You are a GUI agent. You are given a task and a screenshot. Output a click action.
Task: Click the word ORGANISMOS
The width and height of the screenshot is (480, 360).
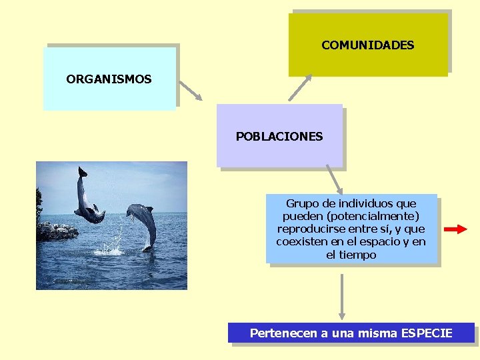click(109, 79)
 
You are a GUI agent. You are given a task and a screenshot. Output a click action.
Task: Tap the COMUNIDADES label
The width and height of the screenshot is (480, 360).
click(367, 45)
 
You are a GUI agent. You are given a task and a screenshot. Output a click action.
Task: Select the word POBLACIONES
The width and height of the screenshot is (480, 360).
click(279, 137)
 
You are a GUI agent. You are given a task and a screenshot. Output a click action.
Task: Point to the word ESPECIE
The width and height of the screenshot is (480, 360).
click(427, 333)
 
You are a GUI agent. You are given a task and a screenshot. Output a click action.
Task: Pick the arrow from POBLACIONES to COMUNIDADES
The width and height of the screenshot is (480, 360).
click(300, 88)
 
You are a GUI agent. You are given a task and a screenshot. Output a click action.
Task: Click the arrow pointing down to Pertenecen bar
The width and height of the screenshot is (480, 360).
click(342, 297)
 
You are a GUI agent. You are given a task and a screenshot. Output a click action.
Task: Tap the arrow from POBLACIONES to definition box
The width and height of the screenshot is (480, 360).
click(334, 180)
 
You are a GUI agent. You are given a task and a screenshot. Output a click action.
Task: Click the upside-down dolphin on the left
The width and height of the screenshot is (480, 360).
click(87, 200)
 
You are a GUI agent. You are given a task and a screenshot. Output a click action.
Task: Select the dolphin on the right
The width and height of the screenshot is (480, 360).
click(143, 223)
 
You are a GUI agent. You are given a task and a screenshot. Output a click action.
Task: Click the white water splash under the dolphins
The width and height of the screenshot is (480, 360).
click(112, 249)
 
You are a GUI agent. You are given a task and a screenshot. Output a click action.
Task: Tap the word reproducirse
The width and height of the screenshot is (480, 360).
click(308, 229)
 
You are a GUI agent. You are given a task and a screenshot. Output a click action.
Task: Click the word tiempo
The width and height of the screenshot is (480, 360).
click(359, 255)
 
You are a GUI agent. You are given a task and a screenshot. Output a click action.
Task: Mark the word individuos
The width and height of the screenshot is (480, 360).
click(365, 203)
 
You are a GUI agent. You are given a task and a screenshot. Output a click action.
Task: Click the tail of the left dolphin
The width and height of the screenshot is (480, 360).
click(81, 172)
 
